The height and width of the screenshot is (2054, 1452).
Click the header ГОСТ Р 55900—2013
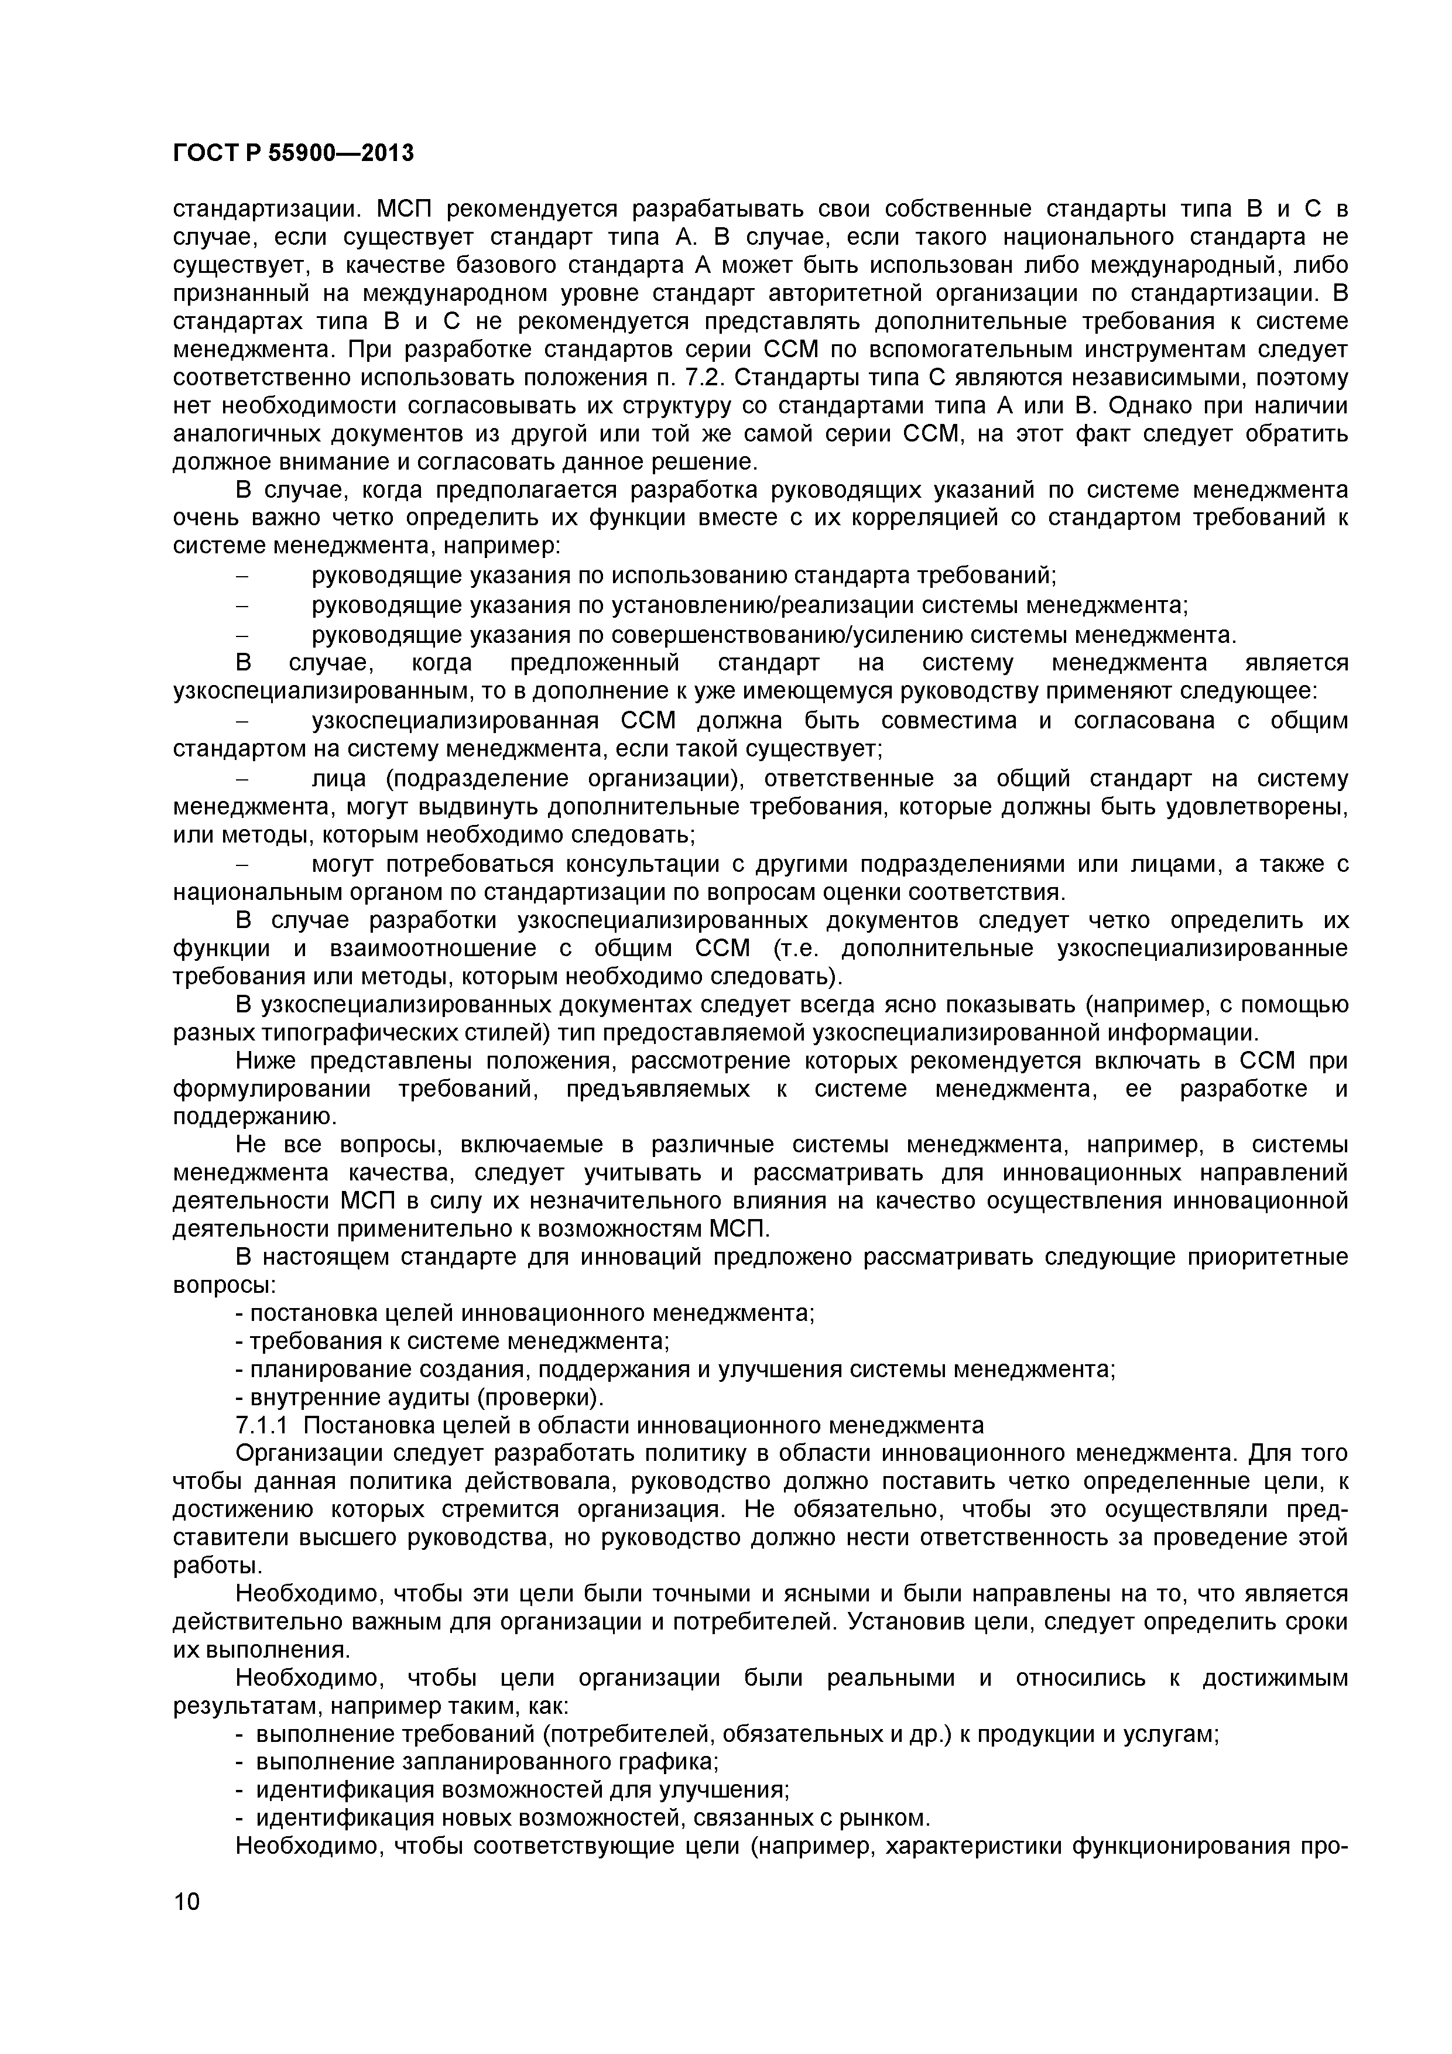coord(293,153)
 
